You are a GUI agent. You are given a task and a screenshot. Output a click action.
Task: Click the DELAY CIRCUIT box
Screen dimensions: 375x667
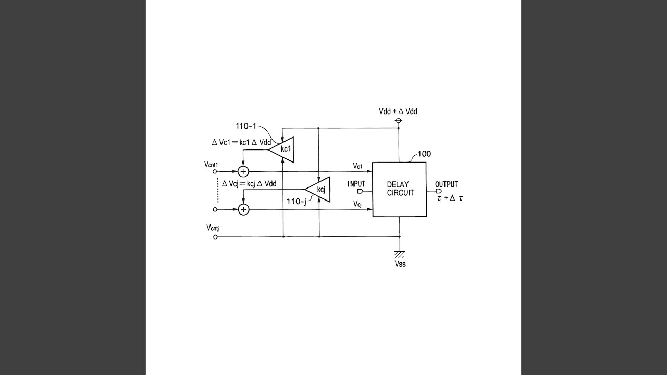(400, 189)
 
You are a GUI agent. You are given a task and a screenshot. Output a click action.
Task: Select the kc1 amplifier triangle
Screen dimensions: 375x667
(283, 148)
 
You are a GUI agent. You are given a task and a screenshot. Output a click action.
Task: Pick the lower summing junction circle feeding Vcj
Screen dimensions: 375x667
(243, 209)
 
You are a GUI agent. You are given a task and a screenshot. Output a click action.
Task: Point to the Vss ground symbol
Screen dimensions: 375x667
(400, 254)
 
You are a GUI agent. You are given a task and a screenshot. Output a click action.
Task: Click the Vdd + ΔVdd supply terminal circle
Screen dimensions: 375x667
(399, 121)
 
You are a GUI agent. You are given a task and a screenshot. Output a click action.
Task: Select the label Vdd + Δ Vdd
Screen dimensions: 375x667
(398, 111)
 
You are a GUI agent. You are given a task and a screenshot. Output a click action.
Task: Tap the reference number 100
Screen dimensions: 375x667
(424, 154)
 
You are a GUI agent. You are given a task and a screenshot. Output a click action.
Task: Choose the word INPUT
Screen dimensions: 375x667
(356, 184)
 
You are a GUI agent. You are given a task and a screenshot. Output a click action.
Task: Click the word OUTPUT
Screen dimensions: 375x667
(447, 184)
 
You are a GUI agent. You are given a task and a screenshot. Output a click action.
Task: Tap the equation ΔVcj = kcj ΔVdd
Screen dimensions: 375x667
(249, 183)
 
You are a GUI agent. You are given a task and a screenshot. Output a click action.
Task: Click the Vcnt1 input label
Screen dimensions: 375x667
(211, 165)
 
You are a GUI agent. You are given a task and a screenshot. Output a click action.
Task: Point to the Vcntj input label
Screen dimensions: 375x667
(212, 228)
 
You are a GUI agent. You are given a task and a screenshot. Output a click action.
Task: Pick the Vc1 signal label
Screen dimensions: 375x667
(357, 166)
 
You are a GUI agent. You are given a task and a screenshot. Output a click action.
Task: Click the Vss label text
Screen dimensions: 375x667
(400, 264)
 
